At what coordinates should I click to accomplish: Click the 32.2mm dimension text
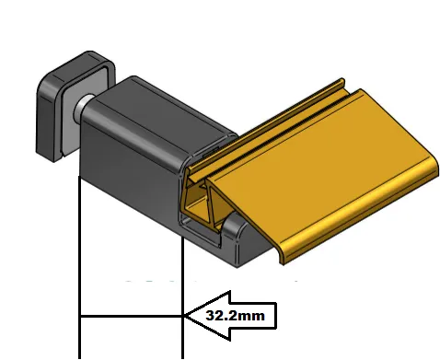click(x=235, y=316)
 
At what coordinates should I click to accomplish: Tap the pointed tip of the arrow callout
click(x=184, y=316)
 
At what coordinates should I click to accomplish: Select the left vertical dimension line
click(x=80, y=267)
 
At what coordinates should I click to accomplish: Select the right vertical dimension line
click(x=183, y=297)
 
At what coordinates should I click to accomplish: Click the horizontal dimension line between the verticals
click(x=132, y=316)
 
